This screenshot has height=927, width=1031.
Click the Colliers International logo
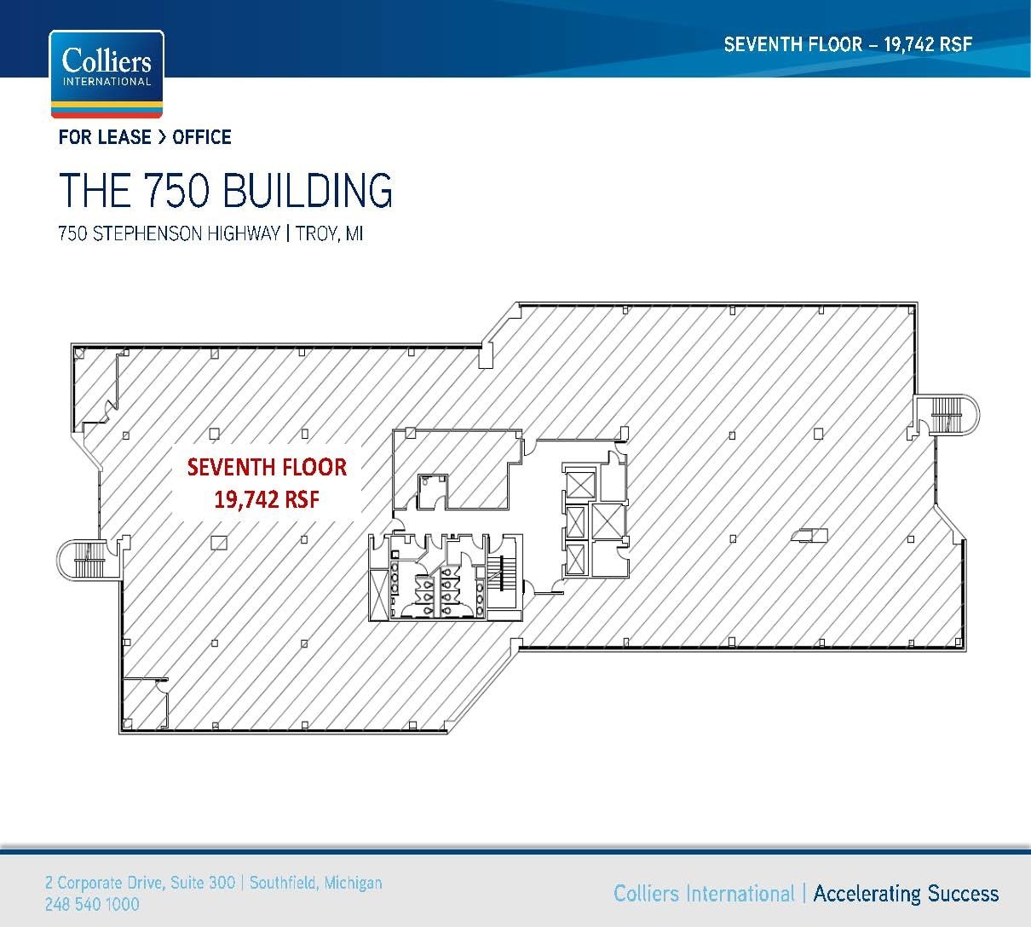(107, 73)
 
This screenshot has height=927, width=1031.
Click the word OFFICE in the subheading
(202, 137)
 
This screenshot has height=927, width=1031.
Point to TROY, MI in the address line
(329, 233)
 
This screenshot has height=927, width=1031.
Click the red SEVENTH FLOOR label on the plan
(267, 467)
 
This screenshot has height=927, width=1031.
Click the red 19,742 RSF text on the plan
(267, 499)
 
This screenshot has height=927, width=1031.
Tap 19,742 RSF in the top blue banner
(928, 44)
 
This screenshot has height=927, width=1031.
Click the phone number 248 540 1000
(92, 904)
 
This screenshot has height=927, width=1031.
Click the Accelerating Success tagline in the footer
(906, 893)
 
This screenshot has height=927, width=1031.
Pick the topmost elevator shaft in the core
(579, 484)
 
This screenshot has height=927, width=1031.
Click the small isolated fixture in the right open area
(808, 535)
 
